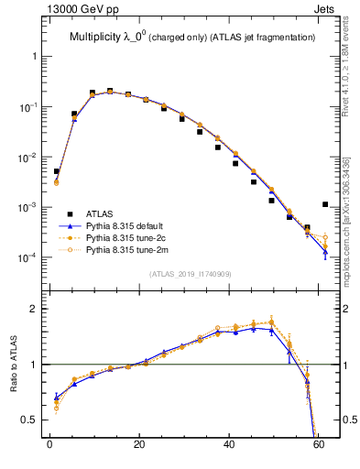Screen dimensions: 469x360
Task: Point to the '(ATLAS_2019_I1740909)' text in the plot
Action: (190, 273)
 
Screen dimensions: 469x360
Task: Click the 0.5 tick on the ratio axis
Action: (29, 420)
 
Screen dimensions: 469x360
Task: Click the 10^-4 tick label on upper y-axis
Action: (27, 257)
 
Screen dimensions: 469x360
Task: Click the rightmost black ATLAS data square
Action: (325, 204)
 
